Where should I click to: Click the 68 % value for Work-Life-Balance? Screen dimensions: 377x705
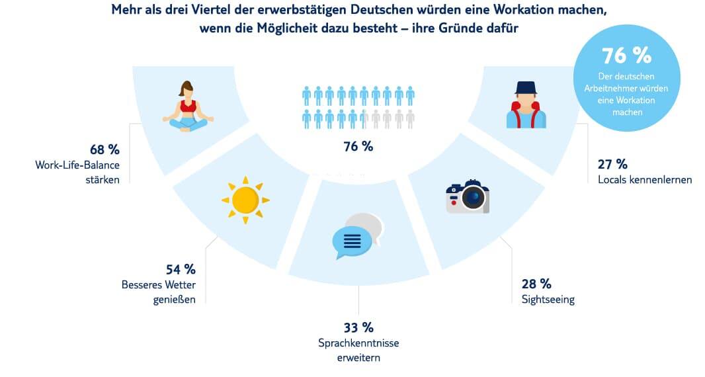[104, 149]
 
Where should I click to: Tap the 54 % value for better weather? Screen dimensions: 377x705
[180, 269]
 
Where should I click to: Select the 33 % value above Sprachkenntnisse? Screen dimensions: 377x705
[358, 327]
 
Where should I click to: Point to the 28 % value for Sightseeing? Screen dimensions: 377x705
[536, 284]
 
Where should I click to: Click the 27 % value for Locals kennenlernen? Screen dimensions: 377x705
[612, 164]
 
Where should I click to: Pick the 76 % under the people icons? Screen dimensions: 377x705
[358, 146]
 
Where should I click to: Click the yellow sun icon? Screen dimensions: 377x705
[245, 199]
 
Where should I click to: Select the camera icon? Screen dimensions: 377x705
[468, 196]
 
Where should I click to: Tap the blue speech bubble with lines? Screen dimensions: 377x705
[351, 241]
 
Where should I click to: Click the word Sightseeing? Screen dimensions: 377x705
[548, 300]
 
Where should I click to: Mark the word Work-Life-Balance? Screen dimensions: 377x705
[77, 165]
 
